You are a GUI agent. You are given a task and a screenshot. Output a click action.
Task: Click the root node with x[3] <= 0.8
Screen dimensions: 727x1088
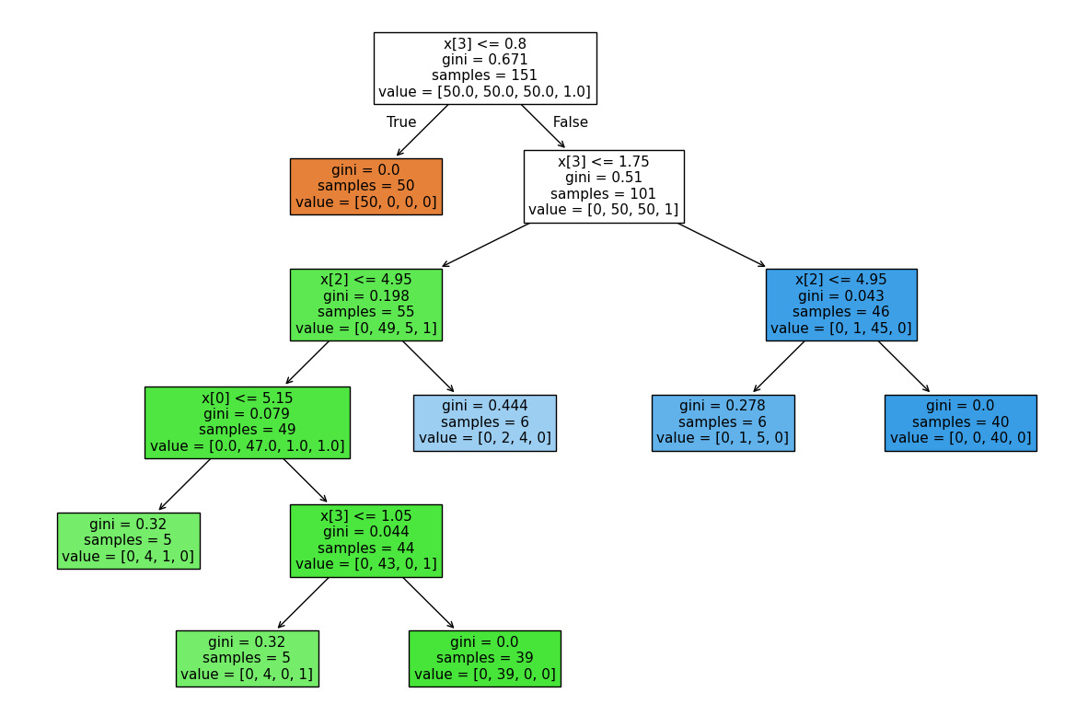[x=484, y=68]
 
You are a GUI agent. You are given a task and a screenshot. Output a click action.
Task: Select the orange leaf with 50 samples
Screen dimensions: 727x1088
[x=365, y=186]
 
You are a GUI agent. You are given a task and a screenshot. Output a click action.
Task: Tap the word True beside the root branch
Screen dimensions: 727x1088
[x=401, y=122]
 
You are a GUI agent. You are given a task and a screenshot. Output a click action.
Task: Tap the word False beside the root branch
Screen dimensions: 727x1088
[x=570, y=122]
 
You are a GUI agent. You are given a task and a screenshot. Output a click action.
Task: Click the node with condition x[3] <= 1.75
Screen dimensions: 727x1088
[x=603, y=186]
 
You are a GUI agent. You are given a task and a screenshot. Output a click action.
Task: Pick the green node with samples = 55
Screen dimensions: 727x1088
[x=365, y=305]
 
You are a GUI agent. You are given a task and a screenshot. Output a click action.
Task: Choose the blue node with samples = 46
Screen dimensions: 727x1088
[x=840, y=305]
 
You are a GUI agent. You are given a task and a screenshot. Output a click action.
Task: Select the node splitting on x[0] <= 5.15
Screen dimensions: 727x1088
[x=247, y=422]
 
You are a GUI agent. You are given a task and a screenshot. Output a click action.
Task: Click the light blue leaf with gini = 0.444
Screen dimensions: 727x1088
[x=484, y=422]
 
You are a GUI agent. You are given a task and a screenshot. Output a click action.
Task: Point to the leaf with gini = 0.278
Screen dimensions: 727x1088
[x=723, y=422]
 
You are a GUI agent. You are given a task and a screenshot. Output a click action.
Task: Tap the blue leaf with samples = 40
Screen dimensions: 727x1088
[x=960, y=422]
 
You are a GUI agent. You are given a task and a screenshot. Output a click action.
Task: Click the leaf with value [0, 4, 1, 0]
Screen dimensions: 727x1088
[x=128, y=540]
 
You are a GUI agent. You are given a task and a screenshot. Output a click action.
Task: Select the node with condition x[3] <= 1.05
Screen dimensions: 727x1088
[x=365, y=540]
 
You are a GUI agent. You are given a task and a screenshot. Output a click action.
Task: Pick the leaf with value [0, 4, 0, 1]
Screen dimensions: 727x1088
[x=247, y=658]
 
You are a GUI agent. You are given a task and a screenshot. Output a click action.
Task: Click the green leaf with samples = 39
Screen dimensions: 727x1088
[x=484, y=658]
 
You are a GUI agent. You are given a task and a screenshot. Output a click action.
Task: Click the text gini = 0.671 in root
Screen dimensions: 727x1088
[x=484, y=60]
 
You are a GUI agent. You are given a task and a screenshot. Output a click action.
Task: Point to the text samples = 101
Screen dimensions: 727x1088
[x=603, y=194]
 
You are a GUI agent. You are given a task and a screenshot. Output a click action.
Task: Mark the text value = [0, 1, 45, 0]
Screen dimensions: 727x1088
[x=840, y=329]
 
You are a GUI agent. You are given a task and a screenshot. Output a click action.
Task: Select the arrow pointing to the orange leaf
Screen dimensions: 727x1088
[x=422, y=131]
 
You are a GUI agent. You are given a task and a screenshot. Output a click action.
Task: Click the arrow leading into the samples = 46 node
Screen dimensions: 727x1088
[x=722, y=245]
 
